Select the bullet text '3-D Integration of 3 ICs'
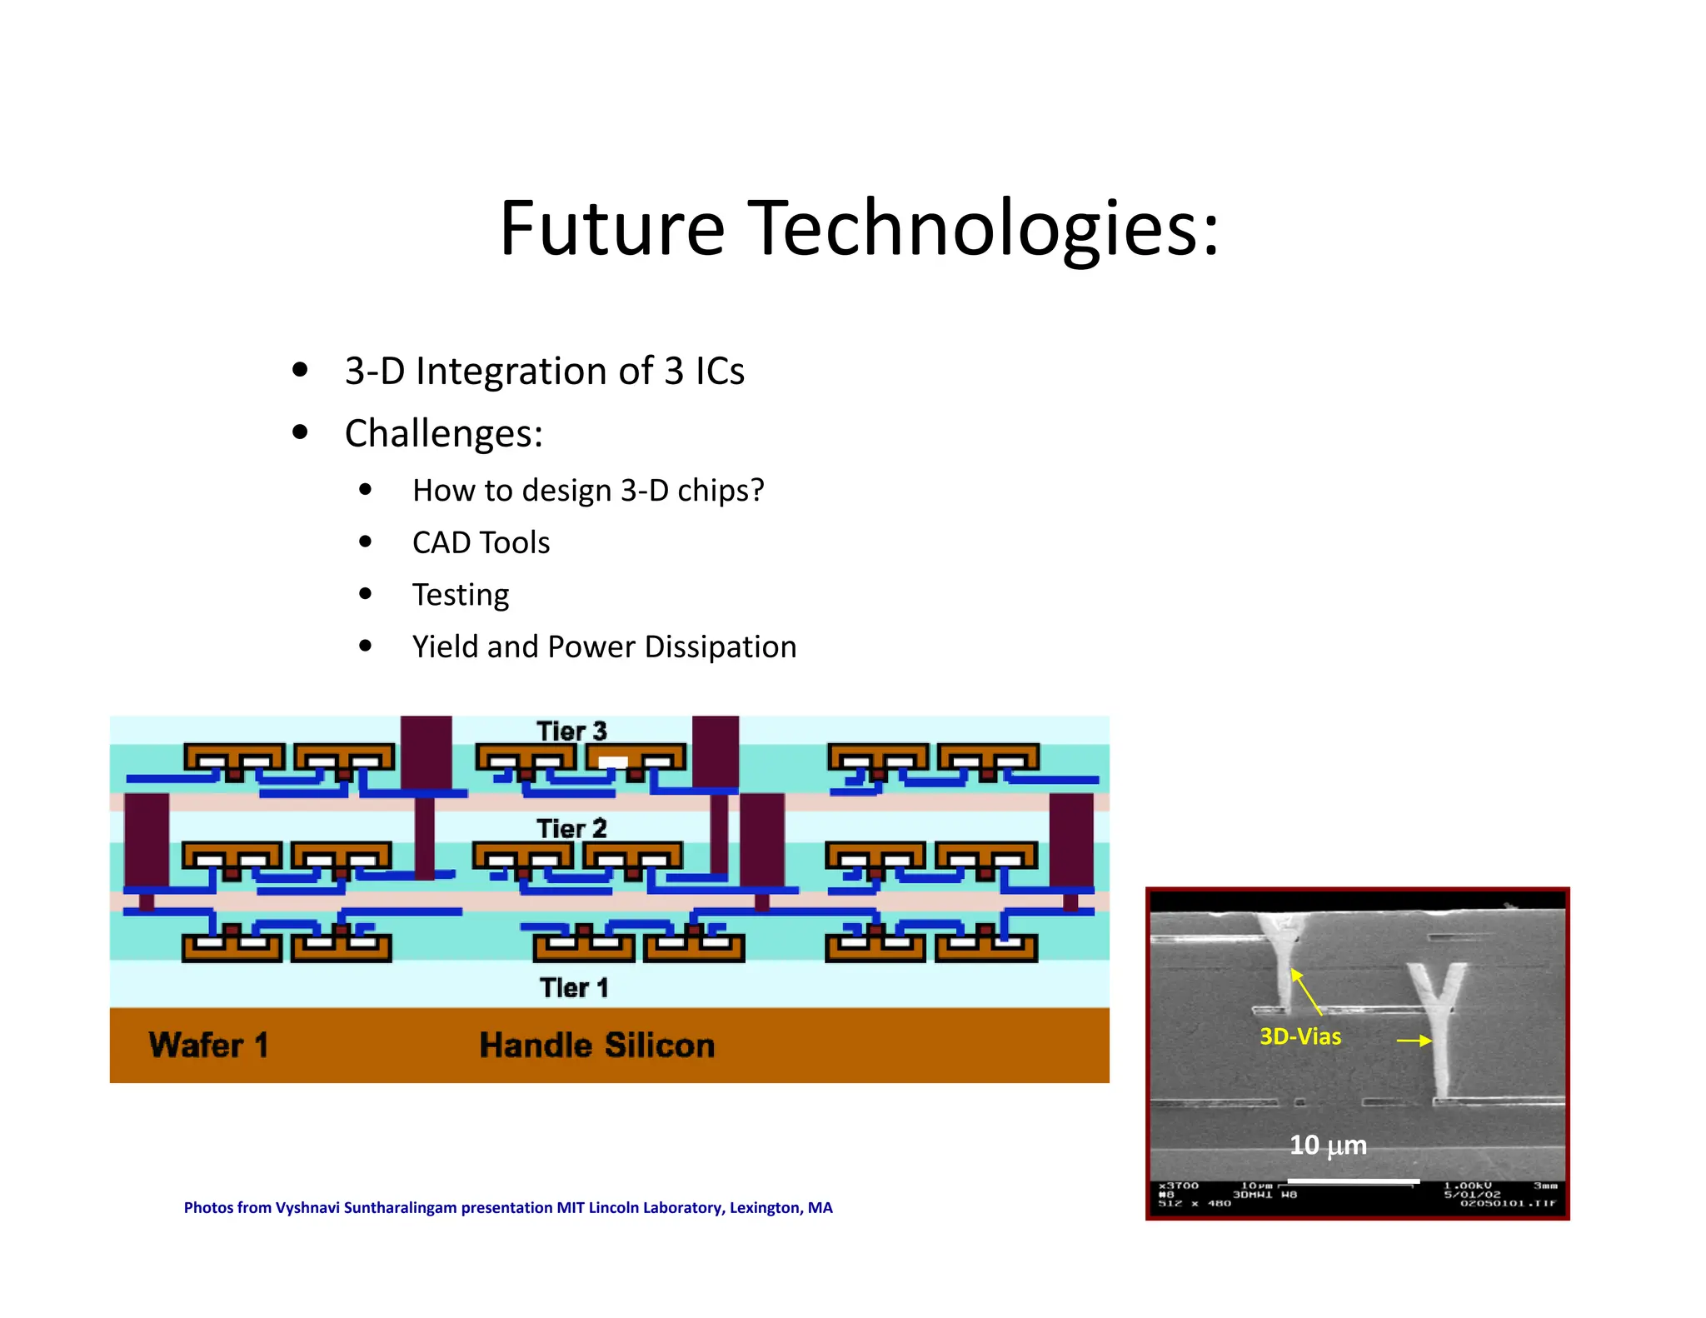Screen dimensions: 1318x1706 [544, 372]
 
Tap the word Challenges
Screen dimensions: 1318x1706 [443, 434]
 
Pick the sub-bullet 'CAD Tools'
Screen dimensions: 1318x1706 [481, 543]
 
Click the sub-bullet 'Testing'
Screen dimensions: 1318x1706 [460, 595]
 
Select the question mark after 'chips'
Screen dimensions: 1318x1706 [756, 491]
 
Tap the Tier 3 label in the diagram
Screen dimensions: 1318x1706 [571, 731]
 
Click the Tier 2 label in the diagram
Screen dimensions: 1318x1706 [571, 829]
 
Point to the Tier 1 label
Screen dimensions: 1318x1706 [574, 988]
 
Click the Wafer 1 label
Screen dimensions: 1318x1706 [208, 1045]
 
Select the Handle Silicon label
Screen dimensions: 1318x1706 [596, 1046]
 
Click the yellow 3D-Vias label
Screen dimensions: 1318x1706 [1299, 1036]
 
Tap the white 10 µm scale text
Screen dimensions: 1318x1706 [1328, 1146]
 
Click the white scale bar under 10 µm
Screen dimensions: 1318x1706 [1353, 1181]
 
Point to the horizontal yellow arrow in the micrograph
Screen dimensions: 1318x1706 [1414, 1041]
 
